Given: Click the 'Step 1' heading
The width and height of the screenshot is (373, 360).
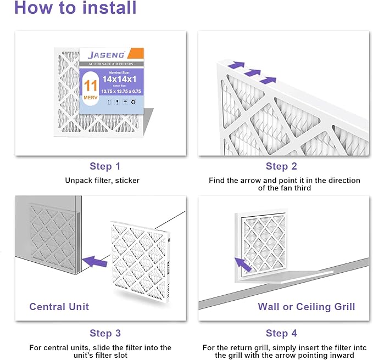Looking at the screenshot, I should coord(105,166).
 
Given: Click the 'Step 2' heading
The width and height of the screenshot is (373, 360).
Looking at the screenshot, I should coord(281,166).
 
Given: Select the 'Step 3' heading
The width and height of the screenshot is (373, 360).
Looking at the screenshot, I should coord(105,333).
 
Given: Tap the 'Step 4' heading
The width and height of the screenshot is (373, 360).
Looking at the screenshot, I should coord(281,333).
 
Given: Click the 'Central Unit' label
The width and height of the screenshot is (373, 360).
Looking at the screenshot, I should coord(59,306).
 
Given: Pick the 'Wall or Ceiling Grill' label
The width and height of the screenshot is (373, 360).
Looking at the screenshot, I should coord(306,306).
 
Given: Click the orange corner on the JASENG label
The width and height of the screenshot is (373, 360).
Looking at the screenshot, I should coord(137,54).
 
